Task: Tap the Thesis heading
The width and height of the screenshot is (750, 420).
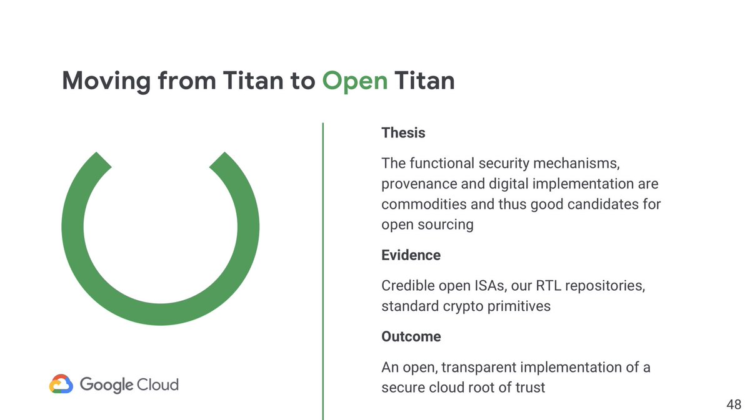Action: coord(403,133)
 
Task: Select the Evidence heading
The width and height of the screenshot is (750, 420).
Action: coord(411,255)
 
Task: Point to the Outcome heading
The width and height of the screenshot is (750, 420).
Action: coord(411,336)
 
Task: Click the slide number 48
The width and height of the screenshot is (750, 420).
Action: coord(734,405)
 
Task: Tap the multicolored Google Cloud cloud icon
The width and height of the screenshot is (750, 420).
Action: coord(61,384)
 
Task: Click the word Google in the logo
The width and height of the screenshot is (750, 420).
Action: coord(106,384)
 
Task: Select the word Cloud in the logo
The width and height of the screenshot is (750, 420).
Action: coord(157,384)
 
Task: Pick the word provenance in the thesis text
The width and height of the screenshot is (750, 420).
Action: coord(416,184)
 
